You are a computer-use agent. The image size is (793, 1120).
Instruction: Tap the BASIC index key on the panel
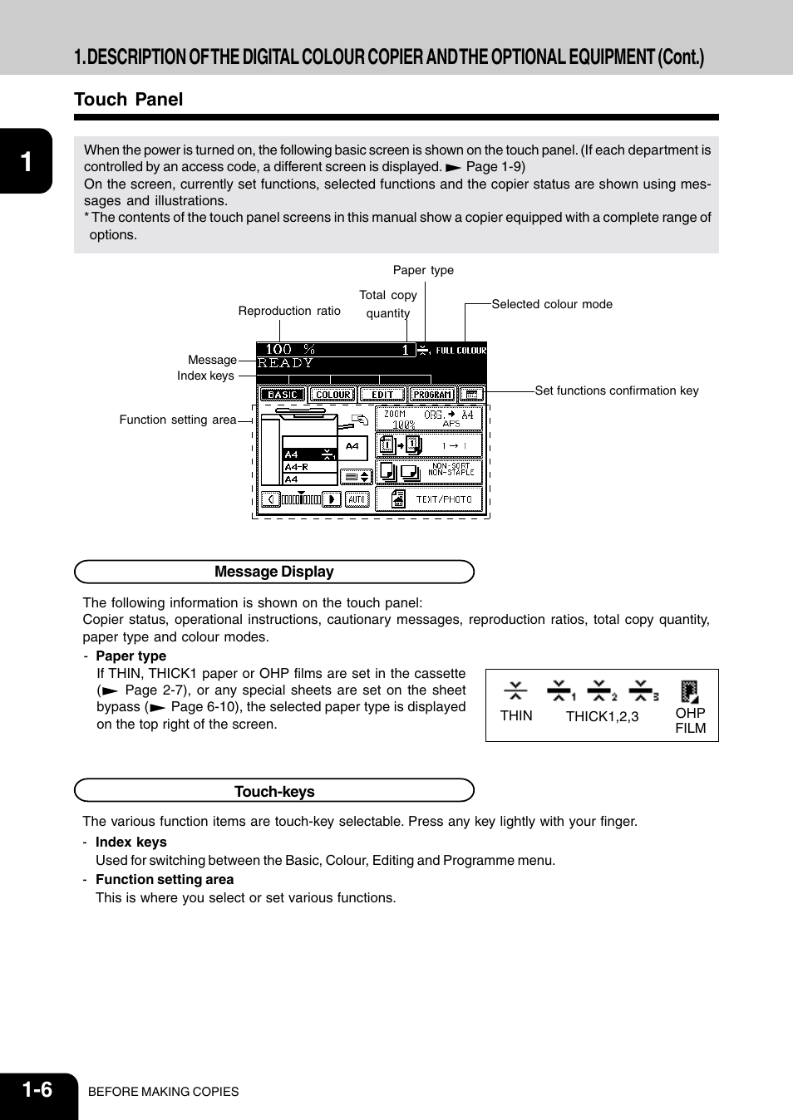coord(283,395)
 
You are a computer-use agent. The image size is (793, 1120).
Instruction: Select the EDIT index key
coord(382,395)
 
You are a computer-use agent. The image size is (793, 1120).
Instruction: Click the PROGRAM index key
coord(432,395)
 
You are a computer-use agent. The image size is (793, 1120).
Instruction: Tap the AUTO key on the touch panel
coord(357,499)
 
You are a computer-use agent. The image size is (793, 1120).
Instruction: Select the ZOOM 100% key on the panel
coord(429,419)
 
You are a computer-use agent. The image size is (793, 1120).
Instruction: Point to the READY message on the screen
coord(285,363)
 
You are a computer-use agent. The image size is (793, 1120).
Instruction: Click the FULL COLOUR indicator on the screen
coord(461,351)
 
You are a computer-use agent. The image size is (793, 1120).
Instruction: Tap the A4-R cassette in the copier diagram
coord(309,467)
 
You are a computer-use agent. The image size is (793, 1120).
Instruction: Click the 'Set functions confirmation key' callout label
coord(616,391)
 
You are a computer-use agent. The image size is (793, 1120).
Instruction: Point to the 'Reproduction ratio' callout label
coord(289,311)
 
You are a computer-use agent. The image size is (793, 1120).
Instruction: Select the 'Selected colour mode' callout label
coord(552,304)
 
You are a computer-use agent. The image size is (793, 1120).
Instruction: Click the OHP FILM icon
coord(690,692)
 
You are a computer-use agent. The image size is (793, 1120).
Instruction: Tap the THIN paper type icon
coord(515,690)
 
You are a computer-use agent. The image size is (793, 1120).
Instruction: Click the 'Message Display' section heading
coord(273,572)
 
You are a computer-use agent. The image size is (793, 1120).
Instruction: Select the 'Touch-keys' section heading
coord(273,791)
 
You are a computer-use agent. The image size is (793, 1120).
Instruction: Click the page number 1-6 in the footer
coord(37,1089)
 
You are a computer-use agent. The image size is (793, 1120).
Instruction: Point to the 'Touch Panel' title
coord(128,100)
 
